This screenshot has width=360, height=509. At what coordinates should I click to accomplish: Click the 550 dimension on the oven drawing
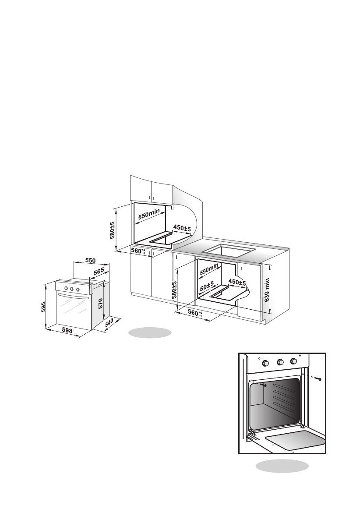(x=90, y=260)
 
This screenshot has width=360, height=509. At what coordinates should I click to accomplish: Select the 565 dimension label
(x=99, y=271)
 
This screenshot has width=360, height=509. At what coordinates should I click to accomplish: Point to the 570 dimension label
(x=100, y=303)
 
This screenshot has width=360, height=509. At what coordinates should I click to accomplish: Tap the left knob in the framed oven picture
(x=265, y=363)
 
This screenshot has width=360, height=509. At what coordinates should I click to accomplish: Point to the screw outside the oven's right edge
(x=319, y=378)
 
